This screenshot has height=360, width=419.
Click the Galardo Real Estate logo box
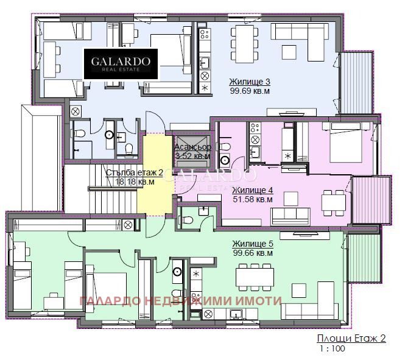(121, 63)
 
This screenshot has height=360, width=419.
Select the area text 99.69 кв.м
(250, 91)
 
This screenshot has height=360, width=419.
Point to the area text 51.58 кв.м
(253, 199)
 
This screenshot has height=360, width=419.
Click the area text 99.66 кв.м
(252, 252)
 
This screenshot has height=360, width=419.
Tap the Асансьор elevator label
(192, 147)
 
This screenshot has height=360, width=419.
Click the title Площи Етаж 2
(351, 339)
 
